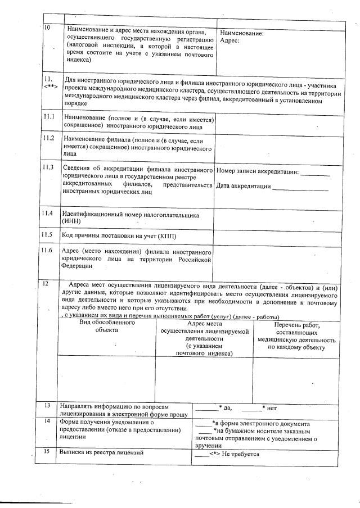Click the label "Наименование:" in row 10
[x=241, y=34]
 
